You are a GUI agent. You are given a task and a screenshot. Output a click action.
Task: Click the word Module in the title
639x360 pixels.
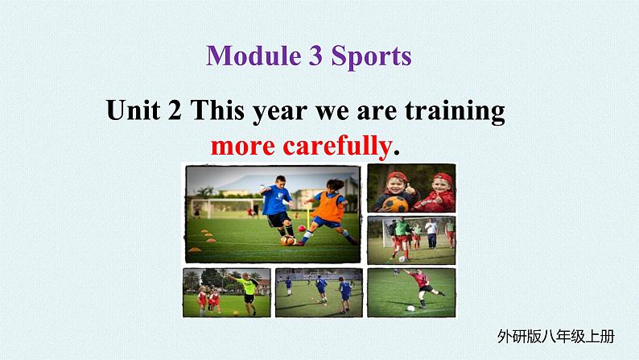point(254,56)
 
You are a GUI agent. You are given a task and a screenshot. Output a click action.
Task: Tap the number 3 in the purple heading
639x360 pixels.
point(315,56)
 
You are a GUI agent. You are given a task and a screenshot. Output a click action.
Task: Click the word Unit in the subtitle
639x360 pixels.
point(133,110)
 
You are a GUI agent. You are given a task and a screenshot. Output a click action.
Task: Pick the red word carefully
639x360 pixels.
point(337,146)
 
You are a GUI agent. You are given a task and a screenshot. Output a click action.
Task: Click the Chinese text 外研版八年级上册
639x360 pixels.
point(555,337)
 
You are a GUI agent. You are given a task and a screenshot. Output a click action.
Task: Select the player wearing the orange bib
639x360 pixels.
point(328,212)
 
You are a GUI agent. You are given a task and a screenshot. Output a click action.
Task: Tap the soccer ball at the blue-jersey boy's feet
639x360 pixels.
point(287,240)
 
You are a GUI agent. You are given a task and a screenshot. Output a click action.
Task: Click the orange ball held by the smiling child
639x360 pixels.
point(395,205)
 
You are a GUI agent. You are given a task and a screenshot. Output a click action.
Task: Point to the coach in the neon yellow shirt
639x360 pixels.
point(245,293)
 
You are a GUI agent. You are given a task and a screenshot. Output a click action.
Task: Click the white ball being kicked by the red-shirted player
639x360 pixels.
point(410,308)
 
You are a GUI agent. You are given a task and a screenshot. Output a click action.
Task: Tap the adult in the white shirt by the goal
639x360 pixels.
point(431,234)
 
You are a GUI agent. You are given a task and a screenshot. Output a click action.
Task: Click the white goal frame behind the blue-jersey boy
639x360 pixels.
point(227,209)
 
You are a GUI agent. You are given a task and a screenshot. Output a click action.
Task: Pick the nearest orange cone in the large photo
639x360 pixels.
point(195,250)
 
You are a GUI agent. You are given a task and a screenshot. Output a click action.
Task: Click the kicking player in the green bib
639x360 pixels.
point(401,238)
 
